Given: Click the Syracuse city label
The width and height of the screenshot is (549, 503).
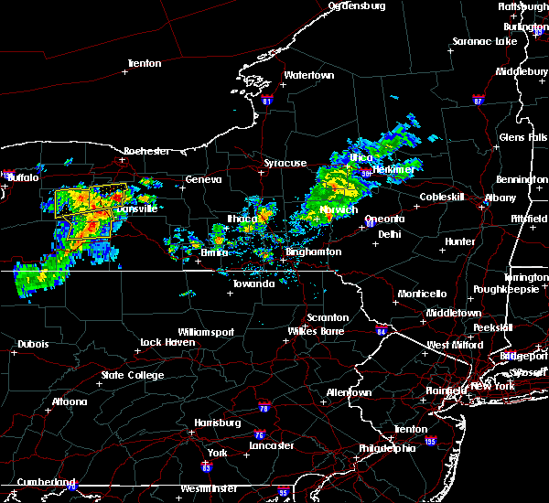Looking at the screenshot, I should [x=285, y=163].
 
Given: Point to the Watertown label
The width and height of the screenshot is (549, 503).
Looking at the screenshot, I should [x=308, y=75].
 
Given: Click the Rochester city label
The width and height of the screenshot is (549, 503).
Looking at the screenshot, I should [x=146, y=150].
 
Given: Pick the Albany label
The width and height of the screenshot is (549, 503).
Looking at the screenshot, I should [x=501, y=198].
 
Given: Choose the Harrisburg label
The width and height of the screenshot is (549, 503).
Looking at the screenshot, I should [x=217, y=423].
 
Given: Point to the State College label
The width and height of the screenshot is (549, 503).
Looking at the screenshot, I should [x=133, y=375].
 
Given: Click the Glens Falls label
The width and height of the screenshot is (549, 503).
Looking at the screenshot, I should [x=523, y=137].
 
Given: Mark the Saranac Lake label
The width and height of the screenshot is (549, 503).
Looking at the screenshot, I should [x=486, y=41].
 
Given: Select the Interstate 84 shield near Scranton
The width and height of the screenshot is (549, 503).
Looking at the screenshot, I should [x=382, y=330].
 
